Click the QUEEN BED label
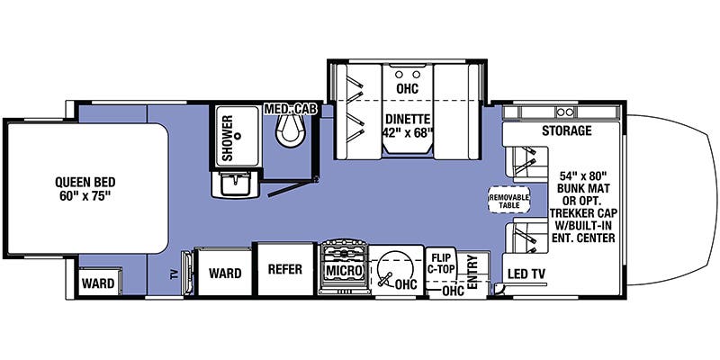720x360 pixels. click(85, 182)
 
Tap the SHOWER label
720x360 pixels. click(228, 138)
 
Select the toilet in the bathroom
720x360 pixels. click(290, 128)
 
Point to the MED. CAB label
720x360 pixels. click(291, 109)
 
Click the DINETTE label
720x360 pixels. click(408, 120)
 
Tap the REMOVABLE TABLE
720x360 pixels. click(508, 200)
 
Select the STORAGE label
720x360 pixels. click(567, 130)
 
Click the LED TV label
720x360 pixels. click(526, 274)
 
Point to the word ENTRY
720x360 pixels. click(472, 272)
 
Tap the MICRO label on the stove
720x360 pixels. click(345, 271)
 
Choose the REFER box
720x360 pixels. click(285, 269)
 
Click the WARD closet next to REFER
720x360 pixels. click(224, 273)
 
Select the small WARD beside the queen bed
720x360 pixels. click(98, 283)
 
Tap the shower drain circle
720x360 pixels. click(238, 136)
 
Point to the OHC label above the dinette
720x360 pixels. click(408, 88)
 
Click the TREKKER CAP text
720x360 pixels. click(583, 213)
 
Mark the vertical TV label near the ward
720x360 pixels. click(174, 274)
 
